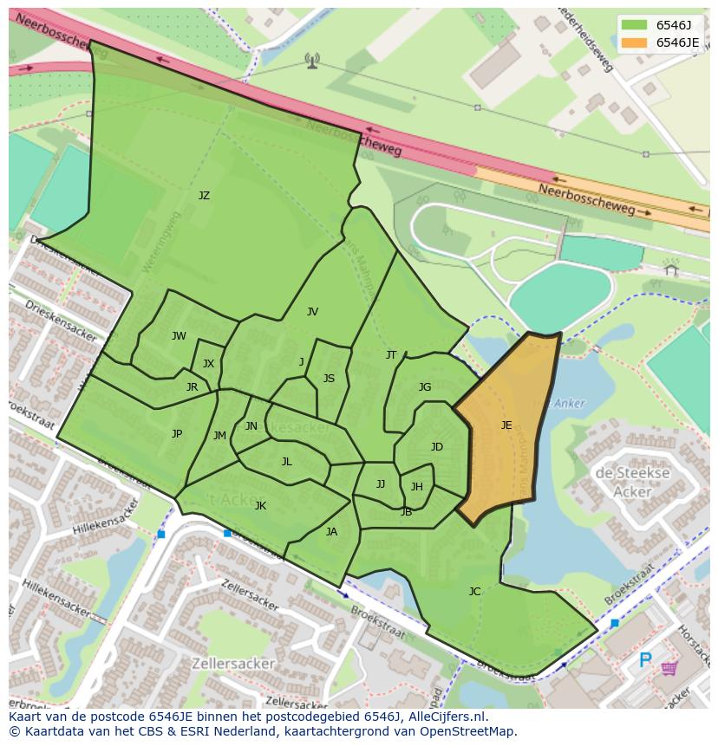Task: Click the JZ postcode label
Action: (x=204, y=196)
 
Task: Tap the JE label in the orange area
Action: (x=506, y=425)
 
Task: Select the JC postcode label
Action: (x=474, y=592)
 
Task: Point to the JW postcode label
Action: (x=179, y=336)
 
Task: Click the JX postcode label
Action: (x=208, y=364)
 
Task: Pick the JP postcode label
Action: (x=177, y=434)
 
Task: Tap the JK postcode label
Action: (x=260, y=506)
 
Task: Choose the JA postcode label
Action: (x=331, y=532)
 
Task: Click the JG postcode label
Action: (x=425, y=387)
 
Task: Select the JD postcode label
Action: (x=437, y=447)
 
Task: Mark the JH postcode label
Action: (x=417, y=487)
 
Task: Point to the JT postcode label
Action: (x=391, y=355)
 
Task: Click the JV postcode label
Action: (x=312, y=312)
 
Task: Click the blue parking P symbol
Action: (x=645, y=661)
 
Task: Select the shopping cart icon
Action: (x=669, y=668)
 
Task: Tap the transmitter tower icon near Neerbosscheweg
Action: (x=312, y=60)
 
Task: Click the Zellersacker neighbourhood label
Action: (x=235, y=664)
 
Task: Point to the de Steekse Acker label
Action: (x=632, y=483)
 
